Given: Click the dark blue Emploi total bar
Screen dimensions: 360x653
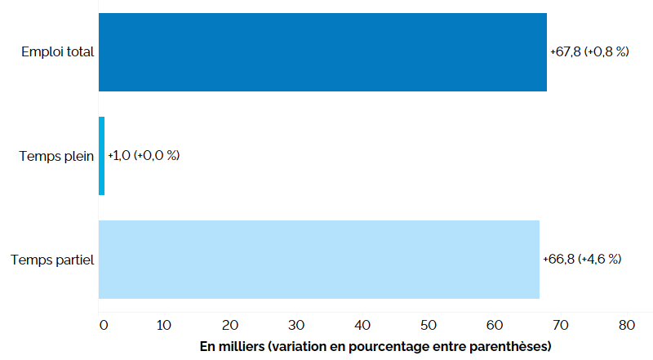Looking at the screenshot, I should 322,51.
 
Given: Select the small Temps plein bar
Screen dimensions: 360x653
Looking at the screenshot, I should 102,156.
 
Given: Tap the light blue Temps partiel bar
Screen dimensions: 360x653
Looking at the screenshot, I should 318,260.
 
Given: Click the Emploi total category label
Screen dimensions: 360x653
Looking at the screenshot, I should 58,52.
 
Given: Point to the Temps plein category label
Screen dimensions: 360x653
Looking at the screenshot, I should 57,156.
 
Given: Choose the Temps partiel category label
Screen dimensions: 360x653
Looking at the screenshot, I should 53,260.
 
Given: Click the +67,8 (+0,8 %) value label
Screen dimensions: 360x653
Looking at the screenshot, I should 589,52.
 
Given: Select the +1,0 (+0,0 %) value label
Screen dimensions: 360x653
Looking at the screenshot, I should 144,156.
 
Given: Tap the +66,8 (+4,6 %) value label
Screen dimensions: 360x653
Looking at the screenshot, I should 582,260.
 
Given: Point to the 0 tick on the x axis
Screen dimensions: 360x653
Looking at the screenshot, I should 103,325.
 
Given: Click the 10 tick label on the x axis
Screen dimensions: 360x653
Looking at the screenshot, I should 164,325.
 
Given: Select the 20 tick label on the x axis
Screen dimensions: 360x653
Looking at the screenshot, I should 230,325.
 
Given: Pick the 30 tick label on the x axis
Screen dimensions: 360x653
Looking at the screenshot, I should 296,325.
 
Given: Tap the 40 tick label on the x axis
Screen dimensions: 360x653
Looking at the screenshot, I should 362,325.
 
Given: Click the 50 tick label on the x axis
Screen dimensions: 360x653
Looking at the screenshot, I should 429,325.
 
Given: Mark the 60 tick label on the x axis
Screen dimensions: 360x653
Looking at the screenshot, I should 495,325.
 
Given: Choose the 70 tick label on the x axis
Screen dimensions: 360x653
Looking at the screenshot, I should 561,325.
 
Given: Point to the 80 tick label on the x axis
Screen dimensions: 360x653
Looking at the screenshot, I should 627,325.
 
